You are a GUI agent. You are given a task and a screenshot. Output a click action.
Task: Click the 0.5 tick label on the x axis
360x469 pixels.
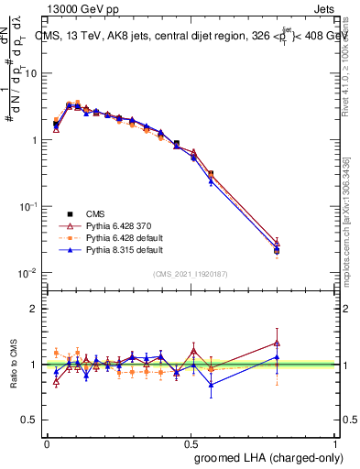click(191, 442)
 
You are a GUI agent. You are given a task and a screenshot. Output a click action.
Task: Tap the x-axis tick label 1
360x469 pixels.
click(336, 442)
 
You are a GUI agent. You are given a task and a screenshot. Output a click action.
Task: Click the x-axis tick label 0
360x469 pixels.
click(47, 442)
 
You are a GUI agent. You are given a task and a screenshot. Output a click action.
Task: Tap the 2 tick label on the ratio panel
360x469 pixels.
click(35, 309)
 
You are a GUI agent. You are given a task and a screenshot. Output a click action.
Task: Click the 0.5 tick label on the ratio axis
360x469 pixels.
click(30, 420)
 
